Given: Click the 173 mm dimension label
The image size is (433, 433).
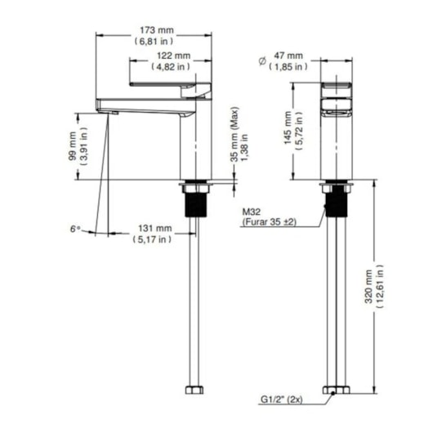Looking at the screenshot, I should point(154,29).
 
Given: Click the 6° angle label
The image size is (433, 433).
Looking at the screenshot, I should point(75,230).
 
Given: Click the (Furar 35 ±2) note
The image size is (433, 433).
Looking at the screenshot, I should point(268,222).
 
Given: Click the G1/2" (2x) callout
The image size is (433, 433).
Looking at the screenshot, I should point(282,400).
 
